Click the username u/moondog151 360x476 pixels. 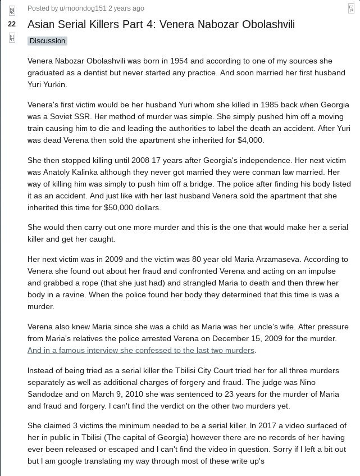83,8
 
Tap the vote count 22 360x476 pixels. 12,24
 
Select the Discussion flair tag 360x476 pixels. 47,41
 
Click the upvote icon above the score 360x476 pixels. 12,11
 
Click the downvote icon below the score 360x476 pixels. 12,38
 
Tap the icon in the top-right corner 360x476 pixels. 351,8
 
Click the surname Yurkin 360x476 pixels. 54,84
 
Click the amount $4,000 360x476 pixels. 250,140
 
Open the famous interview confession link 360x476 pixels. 141,350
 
